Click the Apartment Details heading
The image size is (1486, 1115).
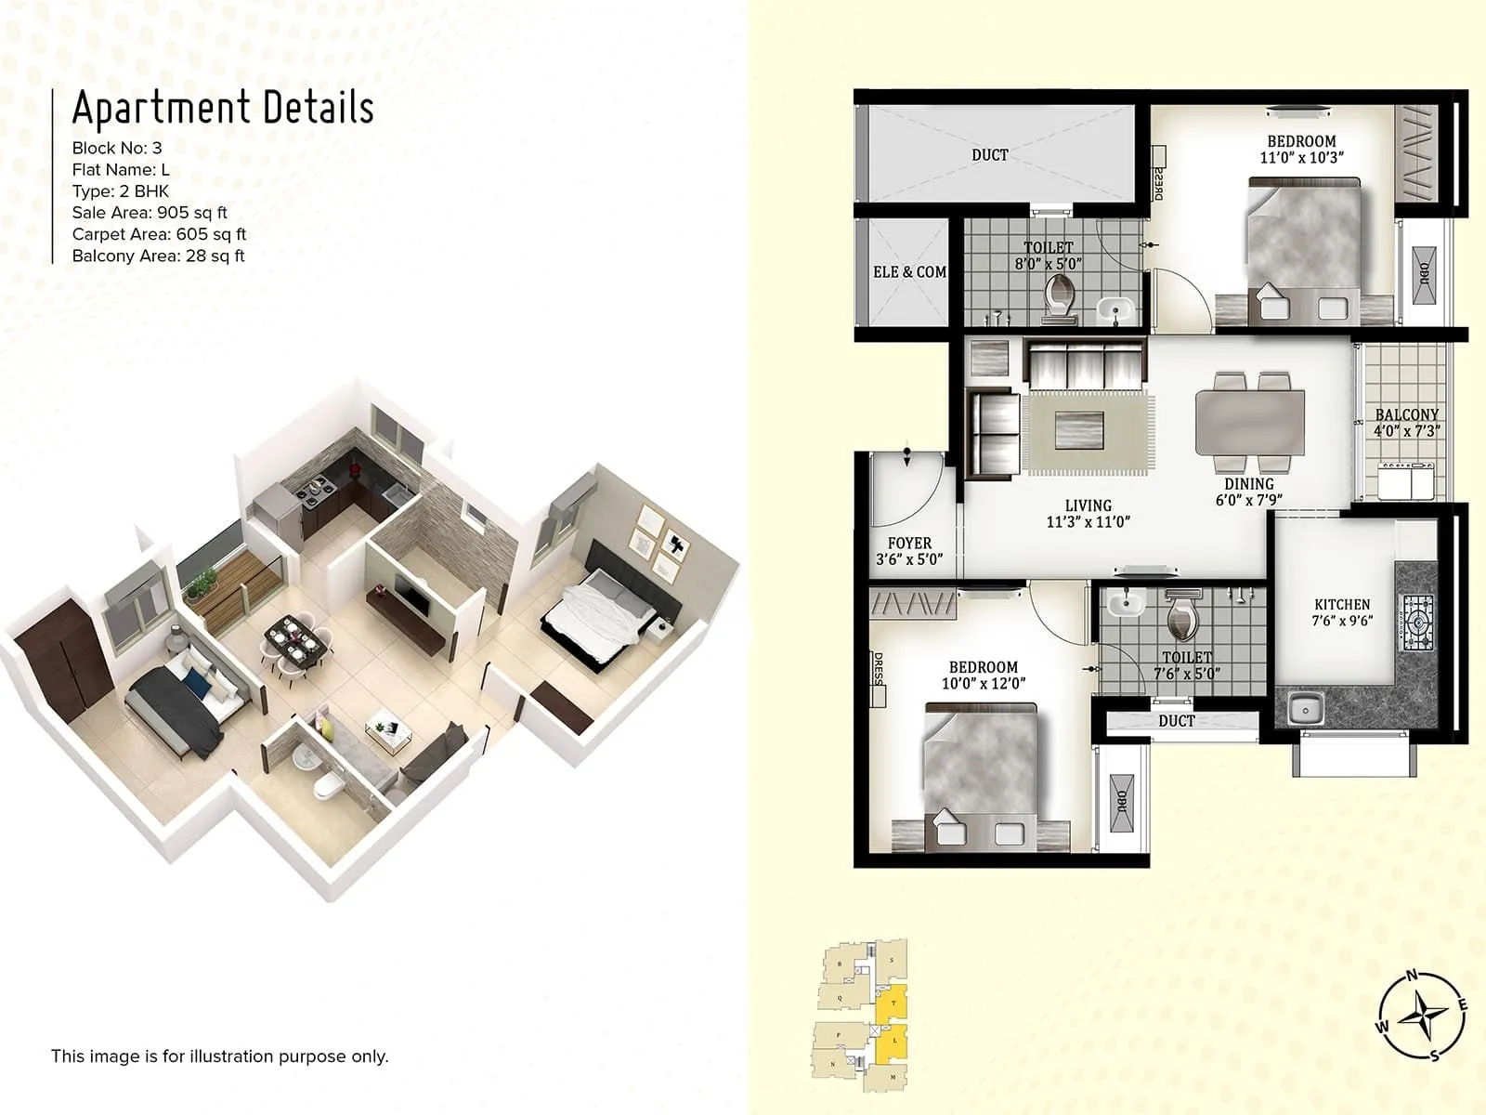coord(223,108)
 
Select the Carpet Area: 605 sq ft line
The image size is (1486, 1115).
coord(159,234)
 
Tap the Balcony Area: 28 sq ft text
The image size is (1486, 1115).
coord(158,256)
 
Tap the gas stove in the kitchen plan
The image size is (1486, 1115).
coord(1417,621)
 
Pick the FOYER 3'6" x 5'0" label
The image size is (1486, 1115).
coord(909,550)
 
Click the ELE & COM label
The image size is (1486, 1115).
coord(909,272)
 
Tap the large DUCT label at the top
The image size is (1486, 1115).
coord(989,155)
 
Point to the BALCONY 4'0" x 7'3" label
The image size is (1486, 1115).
coord(1406,422)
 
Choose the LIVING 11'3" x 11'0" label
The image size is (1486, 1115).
coord(1088,513)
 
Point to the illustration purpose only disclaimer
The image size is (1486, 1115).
coord(219,1056)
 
